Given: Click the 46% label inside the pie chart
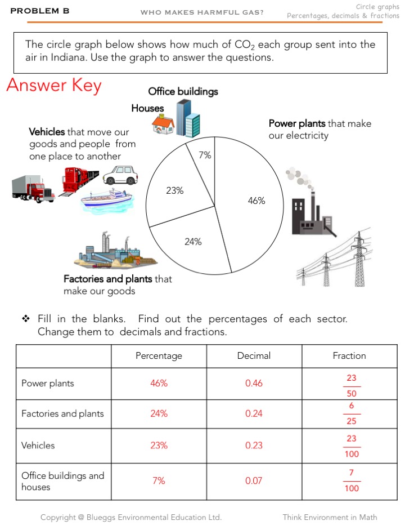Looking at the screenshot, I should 256,201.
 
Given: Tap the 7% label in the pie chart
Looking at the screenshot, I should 205,155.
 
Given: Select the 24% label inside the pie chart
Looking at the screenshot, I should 193,242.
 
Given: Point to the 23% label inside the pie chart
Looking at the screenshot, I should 175,190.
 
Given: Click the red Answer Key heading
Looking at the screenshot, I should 54,86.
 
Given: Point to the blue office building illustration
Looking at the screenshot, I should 188,118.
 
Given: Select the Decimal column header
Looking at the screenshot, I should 254,355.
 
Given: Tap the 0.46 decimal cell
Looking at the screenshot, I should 254,384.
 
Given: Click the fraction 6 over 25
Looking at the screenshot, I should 352,413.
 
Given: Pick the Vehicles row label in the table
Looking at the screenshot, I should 38,446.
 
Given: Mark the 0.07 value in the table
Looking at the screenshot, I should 254,481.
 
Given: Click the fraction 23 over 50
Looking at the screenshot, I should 352,386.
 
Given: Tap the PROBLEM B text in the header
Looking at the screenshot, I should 40,10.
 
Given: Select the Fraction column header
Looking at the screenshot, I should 349,355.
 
